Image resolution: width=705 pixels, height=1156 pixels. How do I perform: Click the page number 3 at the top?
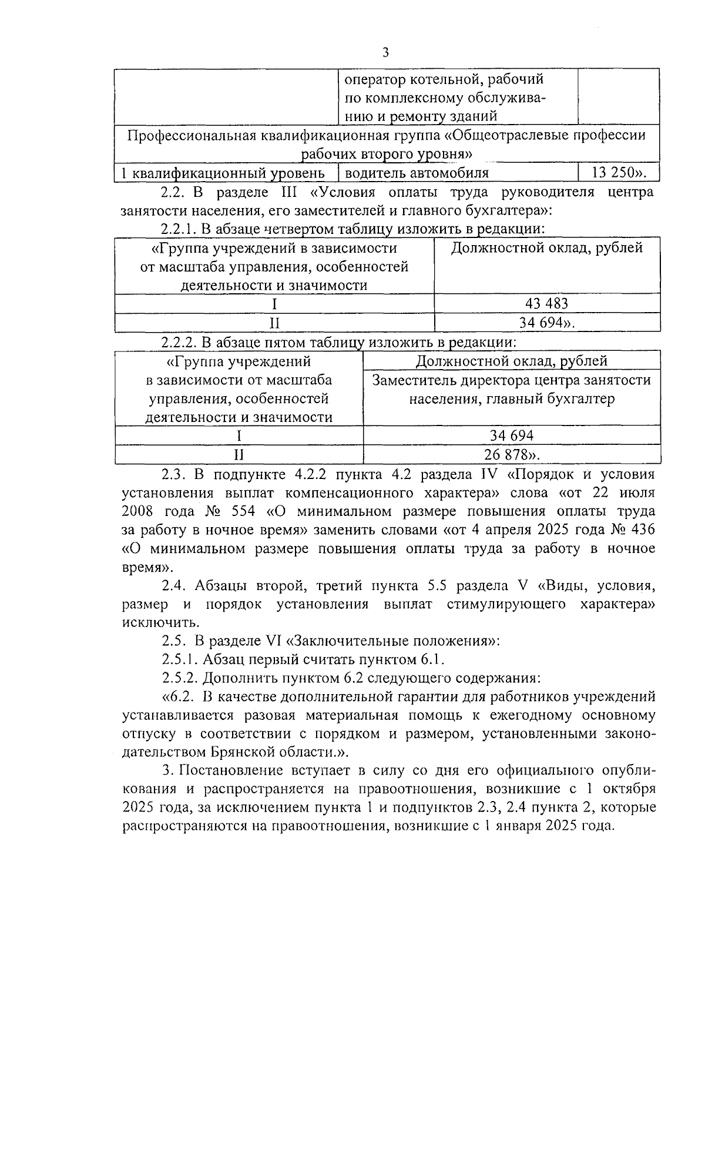(385, 52)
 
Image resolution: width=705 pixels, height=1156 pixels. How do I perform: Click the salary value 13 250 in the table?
(615, 173)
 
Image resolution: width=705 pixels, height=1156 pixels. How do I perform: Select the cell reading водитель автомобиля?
(417, 173)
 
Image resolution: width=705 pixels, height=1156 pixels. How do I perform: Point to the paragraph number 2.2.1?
(180, 228)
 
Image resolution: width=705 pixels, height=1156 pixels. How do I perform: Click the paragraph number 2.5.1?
(180, 659)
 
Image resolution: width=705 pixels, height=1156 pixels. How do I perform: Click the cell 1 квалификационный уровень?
(223, 173)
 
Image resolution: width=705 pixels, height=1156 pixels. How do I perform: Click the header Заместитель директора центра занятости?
(511, 380)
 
